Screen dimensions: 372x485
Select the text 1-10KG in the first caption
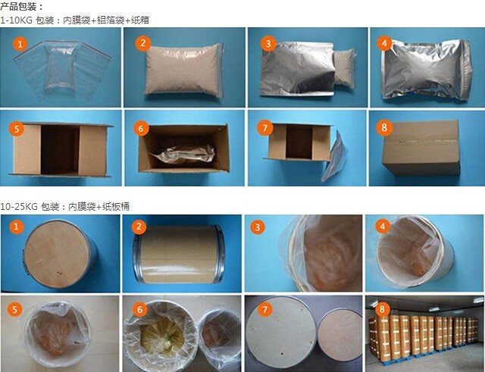point(16,20)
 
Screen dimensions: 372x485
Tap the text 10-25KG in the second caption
point(18,206)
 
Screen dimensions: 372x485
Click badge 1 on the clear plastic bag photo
point(18,44)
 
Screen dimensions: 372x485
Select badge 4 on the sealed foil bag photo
point(386,44)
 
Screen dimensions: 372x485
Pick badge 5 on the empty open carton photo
point(17,127)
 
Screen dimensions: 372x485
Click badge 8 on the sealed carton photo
point(386,127)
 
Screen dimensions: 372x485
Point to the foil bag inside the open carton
point(182,159)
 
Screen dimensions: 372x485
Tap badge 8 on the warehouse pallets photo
point(385,308)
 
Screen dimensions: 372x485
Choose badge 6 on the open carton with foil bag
point(140,127)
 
